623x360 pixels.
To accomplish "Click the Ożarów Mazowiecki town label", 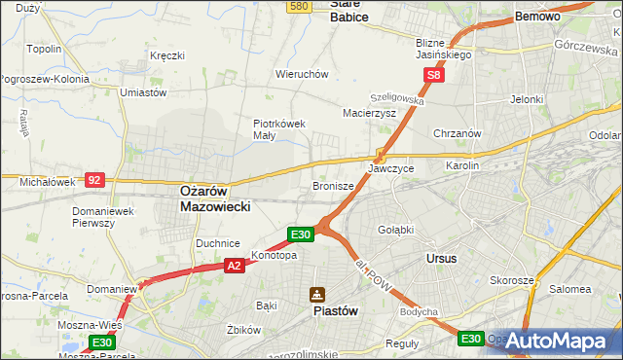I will [x=216, y=199].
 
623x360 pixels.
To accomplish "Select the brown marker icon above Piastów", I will [x=317, y=294].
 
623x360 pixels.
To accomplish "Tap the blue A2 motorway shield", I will [x=234, y=264].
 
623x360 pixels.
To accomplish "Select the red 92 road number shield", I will [x=94, y=179].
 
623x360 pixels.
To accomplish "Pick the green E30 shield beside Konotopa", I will [x=301, y=234].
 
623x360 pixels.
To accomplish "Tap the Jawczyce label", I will [x=390, y=168].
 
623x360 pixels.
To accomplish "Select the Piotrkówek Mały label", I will [x=279, y=129].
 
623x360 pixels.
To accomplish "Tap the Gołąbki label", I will [x=396, y=230].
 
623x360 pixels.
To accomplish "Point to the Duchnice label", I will [x=218, y=243].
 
